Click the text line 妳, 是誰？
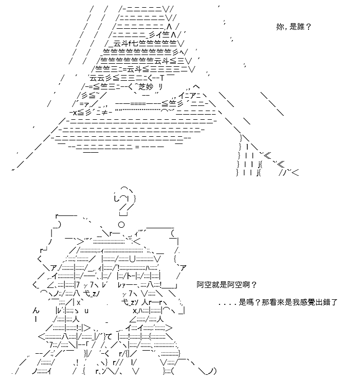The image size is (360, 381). tap(294, 27)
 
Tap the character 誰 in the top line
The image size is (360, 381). tap(300, 27)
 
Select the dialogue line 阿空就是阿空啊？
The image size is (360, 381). tap(227, 284)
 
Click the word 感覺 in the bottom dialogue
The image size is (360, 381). tap(308, 302)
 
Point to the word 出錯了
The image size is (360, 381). tap(326, 302)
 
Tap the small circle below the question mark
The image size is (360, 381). tap(121, 225)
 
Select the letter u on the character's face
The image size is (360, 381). tap(86, 311)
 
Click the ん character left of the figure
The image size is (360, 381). tap(35, 311)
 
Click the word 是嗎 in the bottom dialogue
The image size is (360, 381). tap(246, 302)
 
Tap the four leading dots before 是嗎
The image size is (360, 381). tap(227, 304)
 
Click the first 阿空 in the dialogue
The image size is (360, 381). tap(204, 284)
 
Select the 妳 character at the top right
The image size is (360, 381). tap(280, 27)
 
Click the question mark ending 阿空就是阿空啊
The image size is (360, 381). tap(254, 284)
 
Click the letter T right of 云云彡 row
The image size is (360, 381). tap(162, 79)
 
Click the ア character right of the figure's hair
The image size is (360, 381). tap(183, 268)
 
